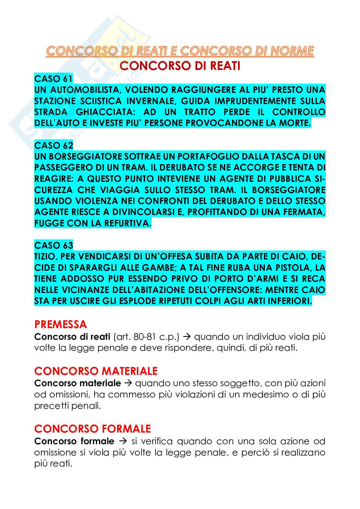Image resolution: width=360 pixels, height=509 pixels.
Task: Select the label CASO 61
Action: (54, 78)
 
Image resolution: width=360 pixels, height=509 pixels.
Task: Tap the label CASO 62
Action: (54, 145)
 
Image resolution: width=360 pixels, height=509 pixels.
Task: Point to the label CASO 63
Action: (54, 245)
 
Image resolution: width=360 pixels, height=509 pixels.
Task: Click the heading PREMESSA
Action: (61, 324)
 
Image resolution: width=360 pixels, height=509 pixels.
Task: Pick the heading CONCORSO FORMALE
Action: (93, 428)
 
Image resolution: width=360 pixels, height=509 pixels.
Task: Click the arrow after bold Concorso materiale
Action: (128, 383)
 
